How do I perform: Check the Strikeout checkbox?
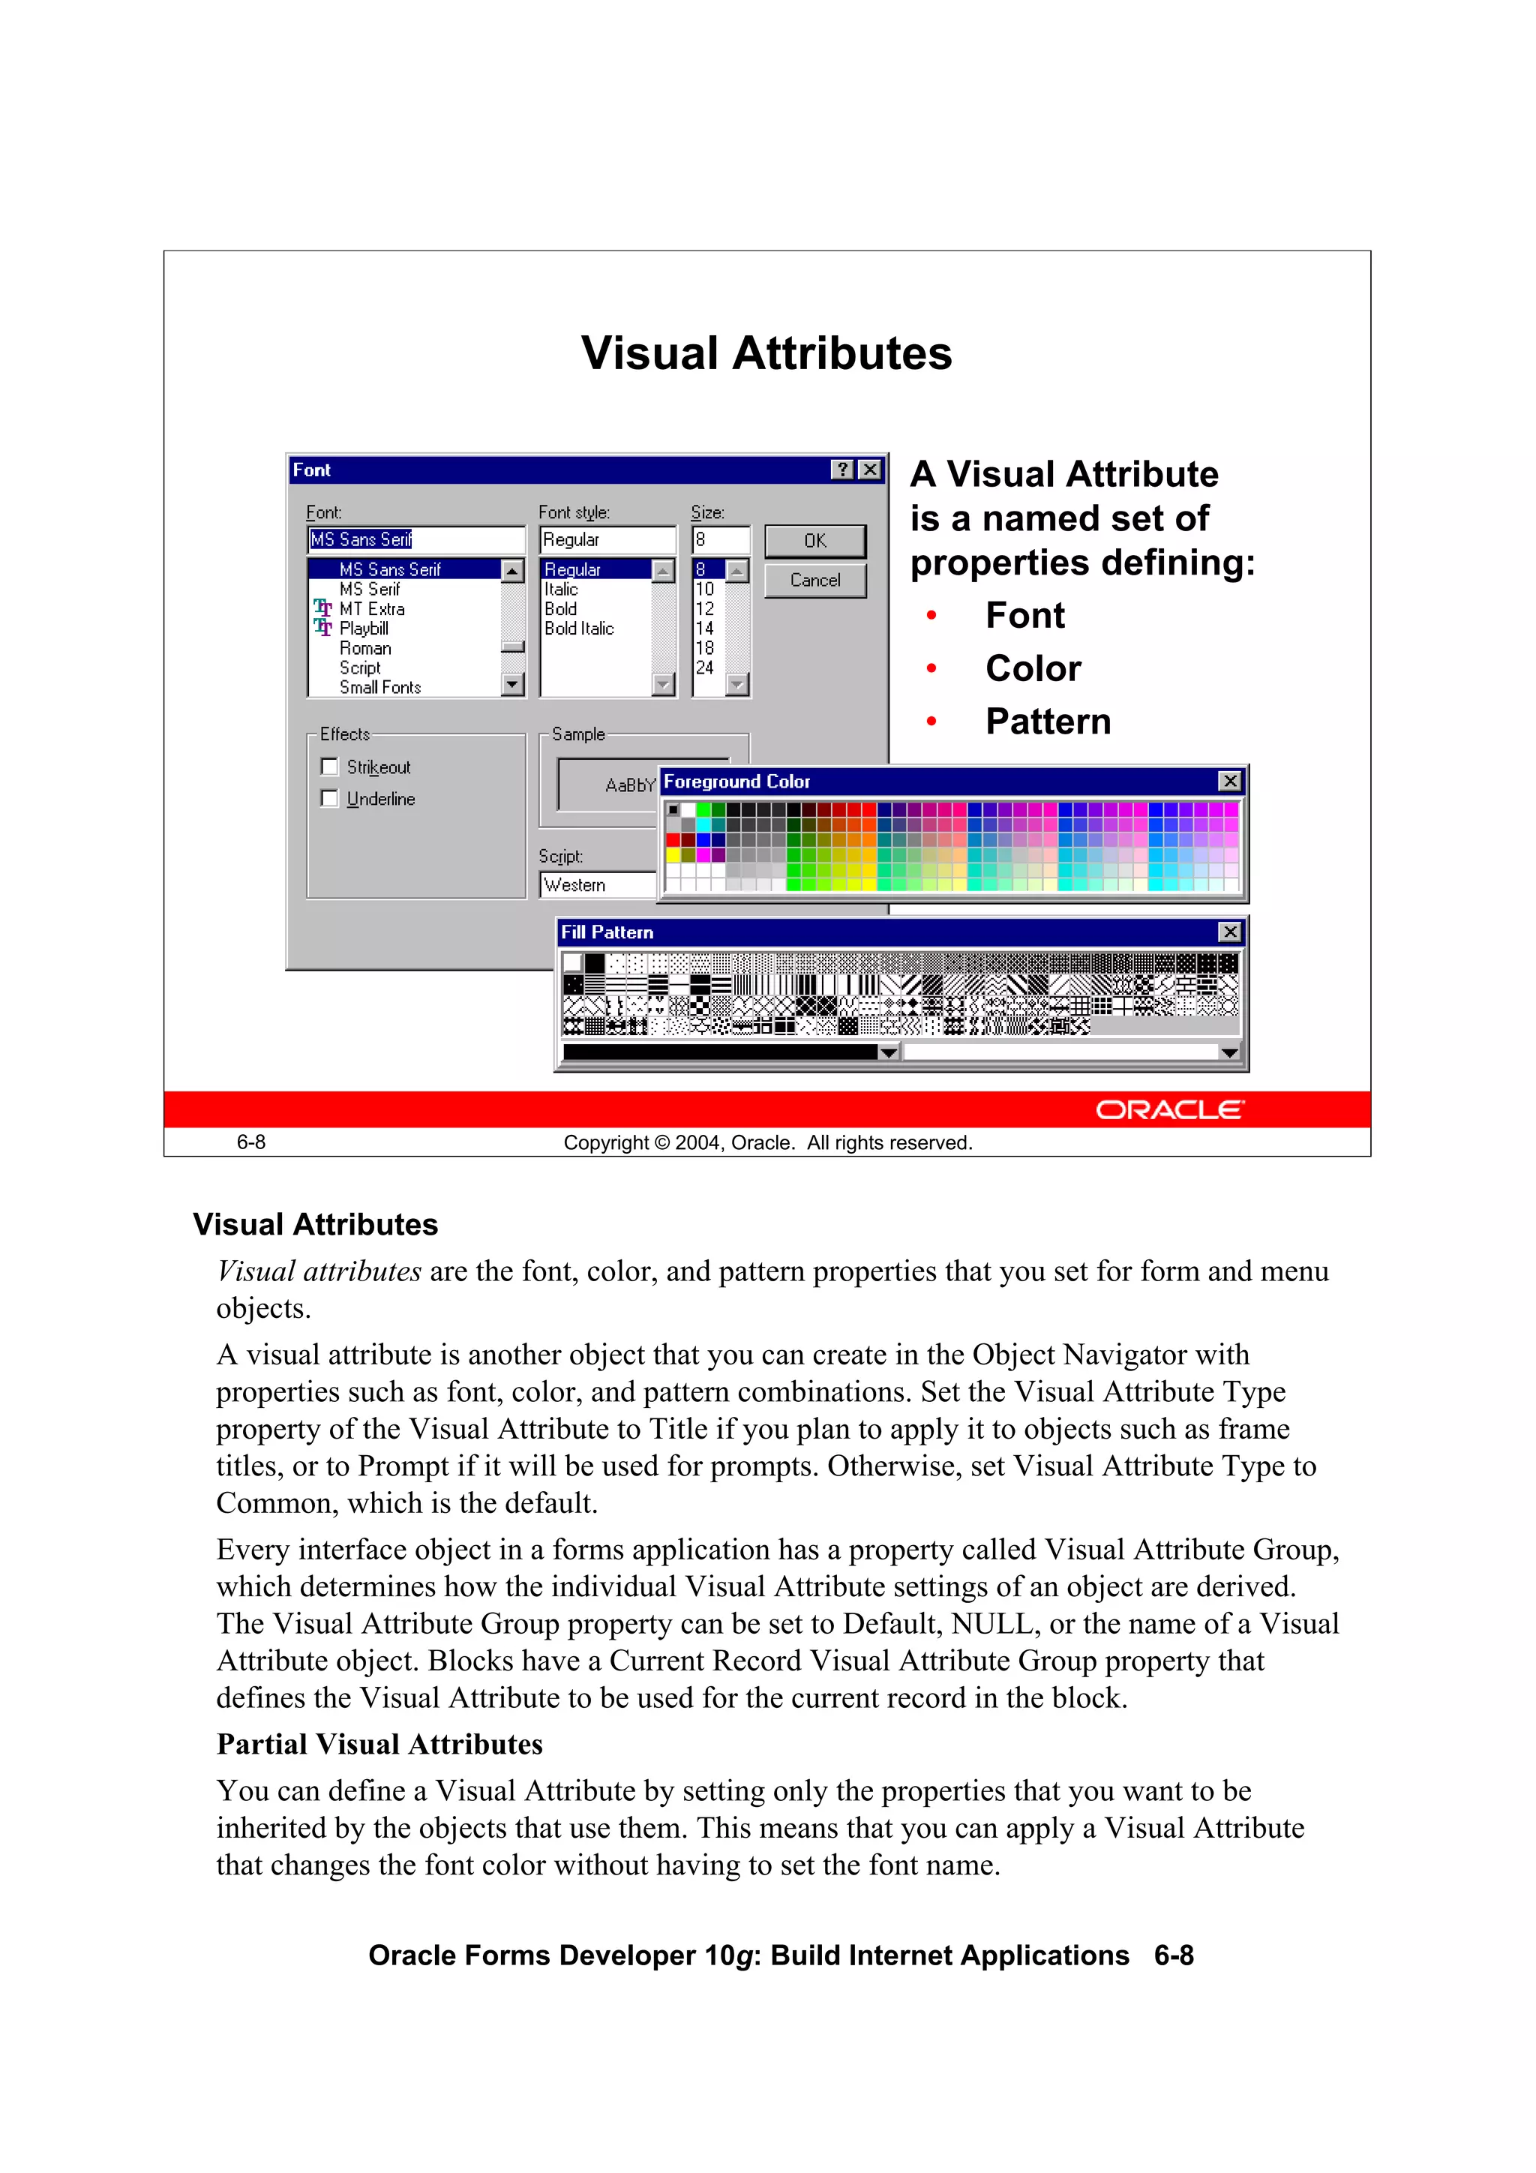pos(329,767)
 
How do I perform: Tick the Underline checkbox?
pos(329,799)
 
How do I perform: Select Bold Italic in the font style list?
pos(579,629)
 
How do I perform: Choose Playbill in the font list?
pos(364,629)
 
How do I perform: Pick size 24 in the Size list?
pos(704,668)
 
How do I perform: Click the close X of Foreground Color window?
pos(1228,781)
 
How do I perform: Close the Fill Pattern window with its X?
pos(1228,932)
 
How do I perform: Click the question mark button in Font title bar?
pos(841,470)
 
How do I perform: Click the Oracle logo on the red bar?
pos(1170,1109)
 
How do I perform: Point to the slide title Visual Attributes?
pos(766,353)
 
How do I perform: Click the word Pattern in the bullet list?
pos(1048,721)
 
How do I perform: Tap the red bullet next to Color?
pos(931,668)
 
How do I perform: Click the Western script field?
pos(596,885)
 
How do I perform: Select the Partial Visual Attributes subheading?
pos(379,1744)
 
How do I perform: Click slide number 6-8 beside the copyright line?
pos(250,1142)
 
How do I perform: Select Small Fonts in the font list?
pos(379,687)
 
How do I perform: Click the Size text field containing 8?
pos(719,539)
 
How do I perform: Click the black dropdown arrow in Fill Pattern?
pos(888,1052)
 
